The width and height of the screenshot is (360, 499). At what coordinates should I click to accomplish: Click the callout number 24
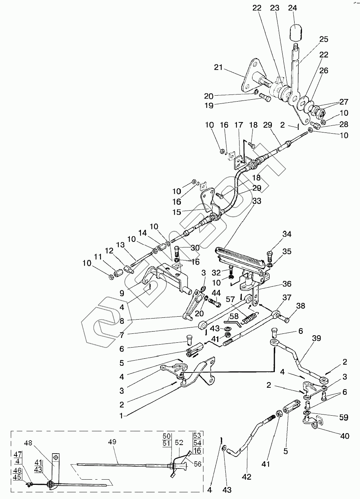point(293,8)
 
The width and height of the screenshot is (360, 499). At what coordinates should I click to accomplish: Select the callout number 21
point(218,67)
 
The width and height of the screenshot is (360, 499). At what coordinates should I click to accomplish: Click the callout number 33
point(256,201)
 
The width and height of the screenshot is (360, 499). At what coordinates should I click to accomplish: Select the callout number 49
point(112,442)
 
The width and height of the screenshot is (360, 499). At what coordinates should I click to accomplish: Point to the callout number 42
point(247,477)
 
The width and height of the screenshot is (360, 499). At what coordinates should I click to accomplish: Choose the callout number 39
point(316,338)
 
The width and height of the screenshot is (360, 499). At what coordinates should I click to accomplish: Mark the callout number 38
point(300,306)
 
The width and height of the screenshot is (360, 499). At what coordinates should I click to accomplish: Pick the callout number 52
point(179,442)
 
